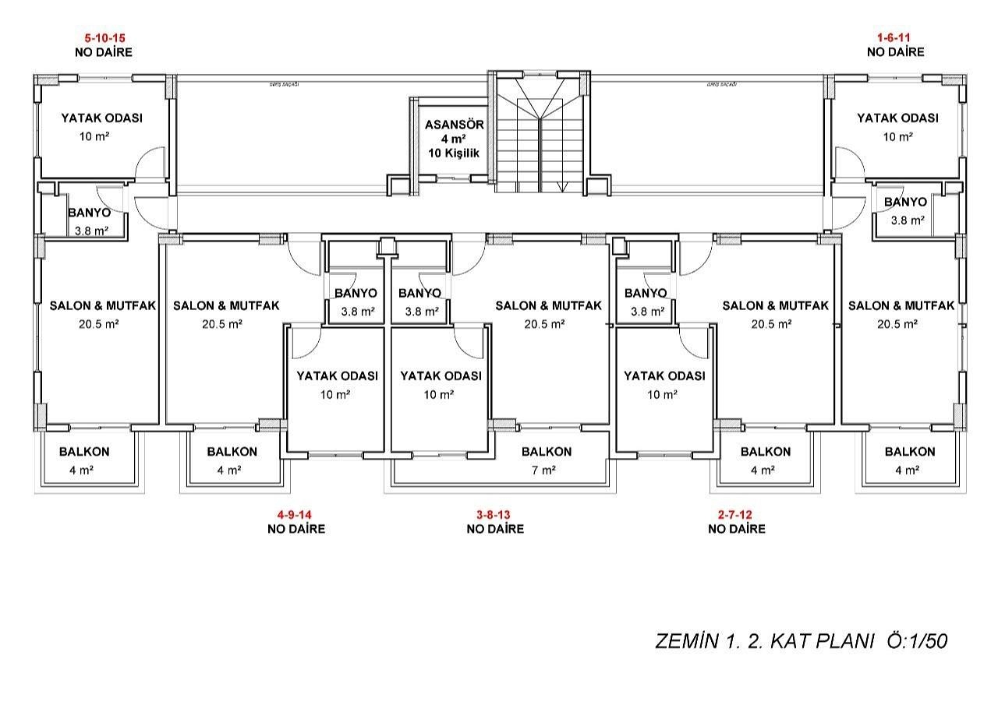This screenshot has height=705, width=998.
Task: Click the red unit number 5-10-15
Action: pyautogui.click(x=104, y=37)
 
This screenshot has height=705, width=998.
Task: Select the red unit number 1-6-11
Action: pyautogui.click(x=894, y=37)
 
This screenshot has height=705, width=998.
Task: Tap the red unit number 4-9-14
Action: pyautogui.click(x=295, y=514)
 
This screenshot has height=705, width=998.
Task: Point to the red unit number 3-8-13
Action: pyautogui.click(x=494, y=514)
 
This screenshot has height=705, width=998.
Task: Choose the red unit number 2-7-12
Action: pyautogui.click(x=736, y=514)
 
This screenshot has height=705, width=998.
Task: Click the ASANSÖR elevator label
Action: pyautogui.click(x=455, y=125)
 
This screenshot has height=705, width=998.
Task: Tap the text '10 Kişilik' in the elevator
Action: pyautogui.click(x=454, y=153)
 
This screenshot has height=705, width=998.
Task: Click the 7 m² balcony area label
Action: pyautogui.click(x=543, y=470)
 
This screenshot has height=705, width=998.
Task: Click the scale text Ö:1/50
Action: pyautogui.click(x=917, y=641)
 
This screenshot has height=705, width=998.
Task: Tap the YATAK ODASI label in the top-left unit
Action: pyautogui.click(x=101, y=118)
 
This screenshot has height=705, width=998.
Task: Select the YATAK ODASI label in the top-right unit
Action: pyautogui.click(x=897, y=118)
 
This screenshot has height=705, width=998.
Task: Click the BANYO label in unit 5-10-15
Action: pyautogui.click(x=89, y=213)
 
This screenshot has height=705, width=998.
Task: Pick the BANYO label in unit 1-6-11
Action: pyautogui.click(x=905, y=203)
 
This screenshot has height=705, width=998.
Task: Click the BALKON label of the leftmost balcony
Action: pyautogui.click(x=84, y=452)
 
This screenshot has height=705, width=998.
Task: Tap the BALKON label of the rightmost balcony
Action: pyautogui.click(x=910, y=452)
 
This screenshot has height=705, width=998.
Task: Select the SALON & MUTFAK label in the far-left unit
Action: pyautogui.click(x=103, y=306)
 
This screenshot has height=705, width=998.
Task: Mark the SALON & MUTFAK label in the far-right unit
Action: pyautogui.click(x=901, y=306)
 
